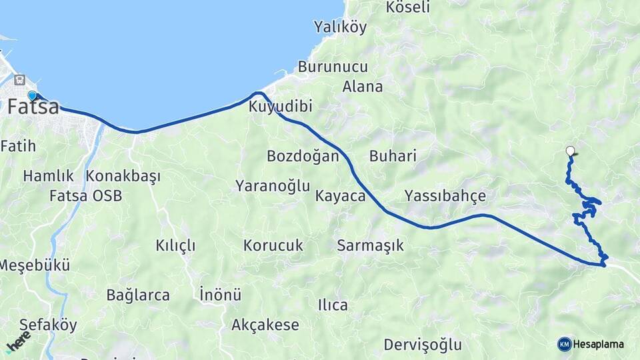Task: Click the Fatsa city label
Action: point(33,107)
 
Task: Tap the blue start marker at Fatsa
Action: point(32,96)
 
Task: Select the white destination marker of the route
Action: point(570,151)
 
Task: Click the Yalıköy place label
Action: point(341,27)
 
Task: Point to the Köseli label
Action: point(408,8)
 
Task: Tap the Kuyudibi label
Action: point(281,107)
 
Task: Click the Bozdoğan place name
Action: point(303,156)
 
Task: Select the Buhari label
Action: point(393,156)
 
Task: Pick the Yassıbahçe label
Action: point(445,196)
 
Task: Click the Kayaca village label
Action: point(341,196)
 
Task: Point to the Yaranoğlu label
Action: point(273,186)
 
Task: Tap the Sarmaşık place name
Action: point(371,245)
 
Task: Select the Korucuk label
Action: point(273,245)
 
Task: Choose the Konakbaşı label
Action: point(123,177)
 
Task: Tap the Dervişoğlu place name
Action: point(423,345)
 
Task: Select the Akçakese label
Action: point(265,325)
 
